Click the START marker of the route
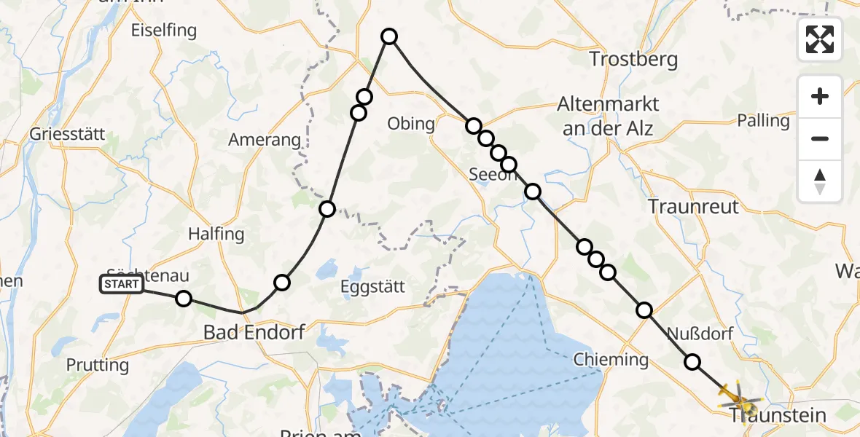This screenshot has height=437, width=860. click(x=122, y=284)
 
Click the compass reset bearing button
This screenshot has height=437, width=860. click(x=820, y=181)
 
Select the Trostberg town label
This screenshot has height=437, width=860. click(x=633, y=59)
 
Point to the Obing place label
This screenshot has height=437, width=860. click(x=411, y=124)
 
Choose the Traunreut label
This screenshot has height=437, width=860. click(x=693, y=206)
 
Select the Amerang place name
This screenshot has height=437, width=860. click(x=264, y=140)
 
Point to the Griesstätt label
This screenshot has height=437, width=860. click(x=69, y=135)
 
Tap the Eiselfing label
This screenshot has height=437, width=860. click(x=164, y=31)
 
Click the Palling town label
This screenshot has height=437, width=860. click(x=763, y=120)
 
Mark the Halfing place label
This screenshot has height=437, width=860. click(x=216, y=234)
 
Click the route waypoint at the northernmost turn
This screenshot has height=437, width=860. click(x=389, y=36)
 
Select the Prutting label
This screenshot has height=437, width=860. click(x=97, y=364)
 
